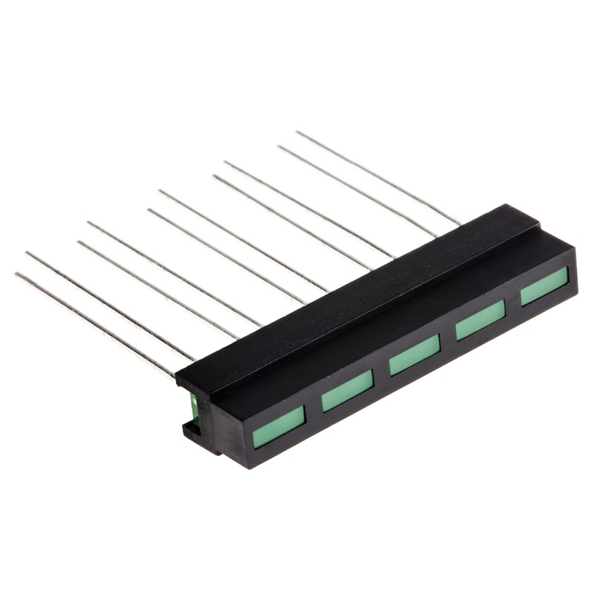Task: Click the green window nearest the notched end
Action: tap(279, 427)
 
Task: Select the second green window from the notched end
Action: tap(347, 391)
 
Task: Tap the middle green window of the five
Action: tap(414, 354)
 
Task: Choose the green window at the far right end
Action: tap(544, 286)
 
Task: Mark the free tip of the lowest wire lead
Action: tap(16, 275)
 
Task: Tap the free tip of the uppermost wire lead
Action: tap(297, 132)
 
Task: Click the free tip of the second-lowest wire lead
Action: tap(27, 253)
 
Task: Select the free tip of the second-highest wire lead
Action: tap(280, 147)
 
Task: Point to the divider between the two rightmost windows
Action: tap(513, 303)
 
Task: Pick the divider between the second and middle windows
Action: tap(381, 373)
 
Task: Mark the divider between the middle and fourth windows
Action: tap(448, 337)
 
